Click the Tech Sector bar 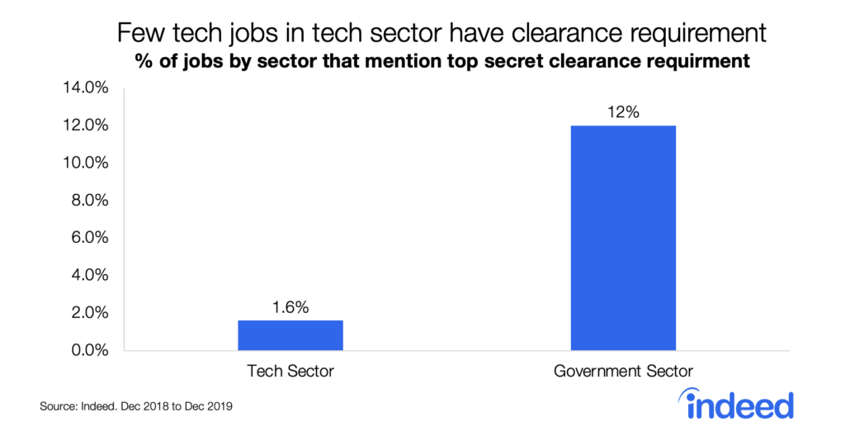tap(290, 334)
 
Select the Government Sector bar tap(623, 238)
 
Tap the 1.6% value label tap(290, 307)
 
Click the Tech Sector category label tap(290, 372)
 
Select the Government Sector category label tap(623, 372)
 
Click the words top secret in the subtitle tap(480, 62)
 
